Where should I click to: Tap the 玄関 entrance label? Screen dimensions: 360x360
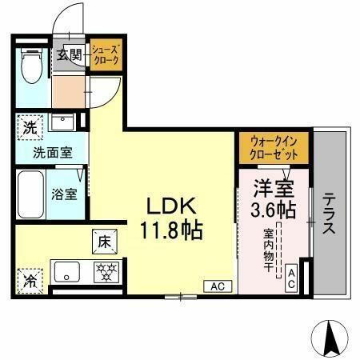tap(70, 56)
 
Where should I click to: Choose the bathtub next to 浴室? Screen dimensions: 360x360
tap(30, 193)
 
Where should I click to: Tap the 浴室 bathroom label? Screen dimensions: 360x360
tap(65, 194)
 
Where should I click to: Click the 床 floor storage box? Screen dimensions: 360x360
tap(105, 240)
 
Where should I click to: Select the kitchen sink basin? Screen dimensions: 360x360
tap(66, 270)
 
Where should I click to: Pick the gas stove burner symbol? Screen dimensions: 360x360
tap(105, 270)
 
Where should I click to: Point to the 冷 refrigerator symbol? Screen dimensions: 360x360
tap(30, 282)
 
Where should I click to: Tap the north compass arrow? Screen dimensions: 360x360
tap(331, 337)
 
